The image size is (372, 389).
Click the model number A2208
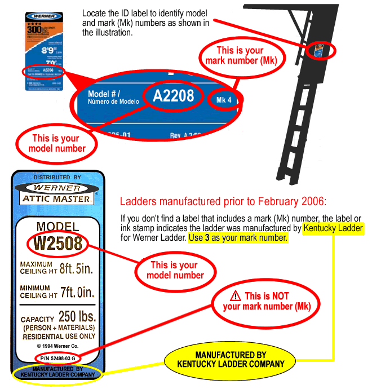pos(173,96)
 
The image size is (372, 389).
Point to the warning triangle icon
pos(236,296)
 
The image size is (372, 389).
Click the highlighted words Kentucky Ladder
pos(333,228)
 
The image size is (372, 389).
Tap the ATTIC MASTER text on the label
pos(57,198)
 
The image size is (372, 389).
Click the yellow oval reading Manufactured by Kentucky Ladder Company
pos(231,359)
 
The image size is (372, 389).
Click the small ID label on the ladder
pos(320,50)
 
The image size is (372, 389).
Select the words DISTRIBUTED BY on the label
pos(57,178)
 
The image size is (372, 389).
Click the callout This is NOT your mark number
pos(265,301)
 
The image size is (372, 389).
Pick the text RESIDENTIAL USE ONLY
pos(58,336)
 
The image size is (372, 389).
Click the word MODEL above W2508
pos(57,227)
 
